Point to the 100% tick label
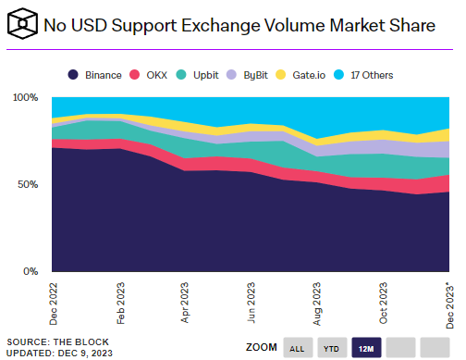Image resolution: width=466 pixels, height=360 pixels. pyautogui.click(x=25, y=97)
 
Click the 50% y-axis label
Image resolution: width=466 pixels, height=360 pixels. pyautogui.click(x=29, y=184)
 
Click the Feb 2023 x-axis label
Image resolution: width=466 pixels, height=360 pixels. pyautogui.click(x=119, y=303)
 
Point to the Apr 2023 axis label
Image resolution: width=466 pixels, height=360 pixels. pyautogui.click(x=186, y=303)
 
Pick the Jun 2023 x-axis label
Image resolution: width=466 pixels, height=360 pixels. pyautogui.click(x=252, y=303)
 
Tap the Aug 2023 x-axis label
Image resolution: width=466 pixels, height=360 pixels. pyautogui.click(x=319, y=303)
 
